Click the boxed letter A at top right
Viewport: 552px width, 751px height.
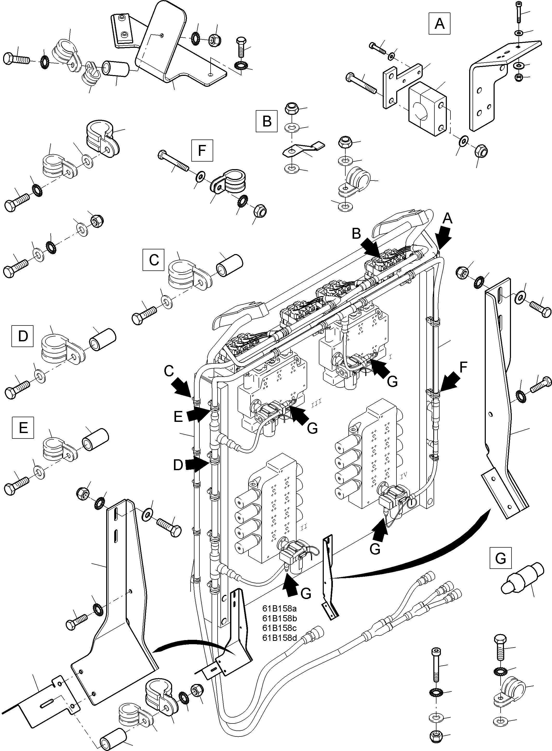(439, 24)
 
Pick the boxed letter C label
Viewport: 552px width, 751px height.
(153, 259)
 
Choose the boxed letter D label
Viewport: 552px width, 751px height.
(22, 336)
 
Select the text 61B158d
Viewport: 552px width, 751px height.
(279, 638)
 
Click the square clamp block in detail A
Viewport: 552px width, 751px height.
(427, 109)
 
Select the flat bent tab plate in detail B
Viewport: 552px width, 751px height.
(303, 149)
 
